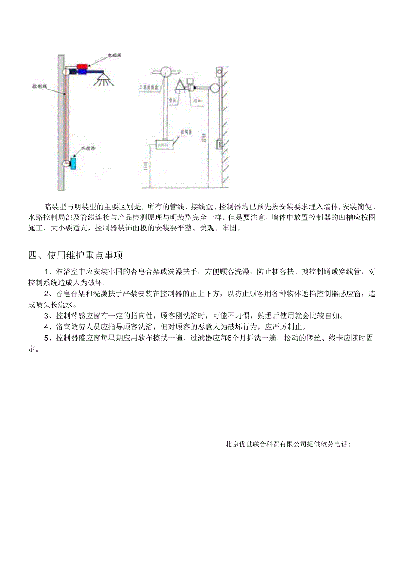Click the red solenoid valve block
(x=83, y=66)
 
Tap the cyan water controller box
(x=73, y=163)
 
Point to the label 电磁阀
(x=115, y=56)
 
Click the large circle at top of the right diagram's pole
(x=166, y=72)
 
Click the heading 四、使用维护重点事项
(x=76, y=255)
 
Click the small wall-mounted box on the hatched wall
(x=218, y=144)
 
